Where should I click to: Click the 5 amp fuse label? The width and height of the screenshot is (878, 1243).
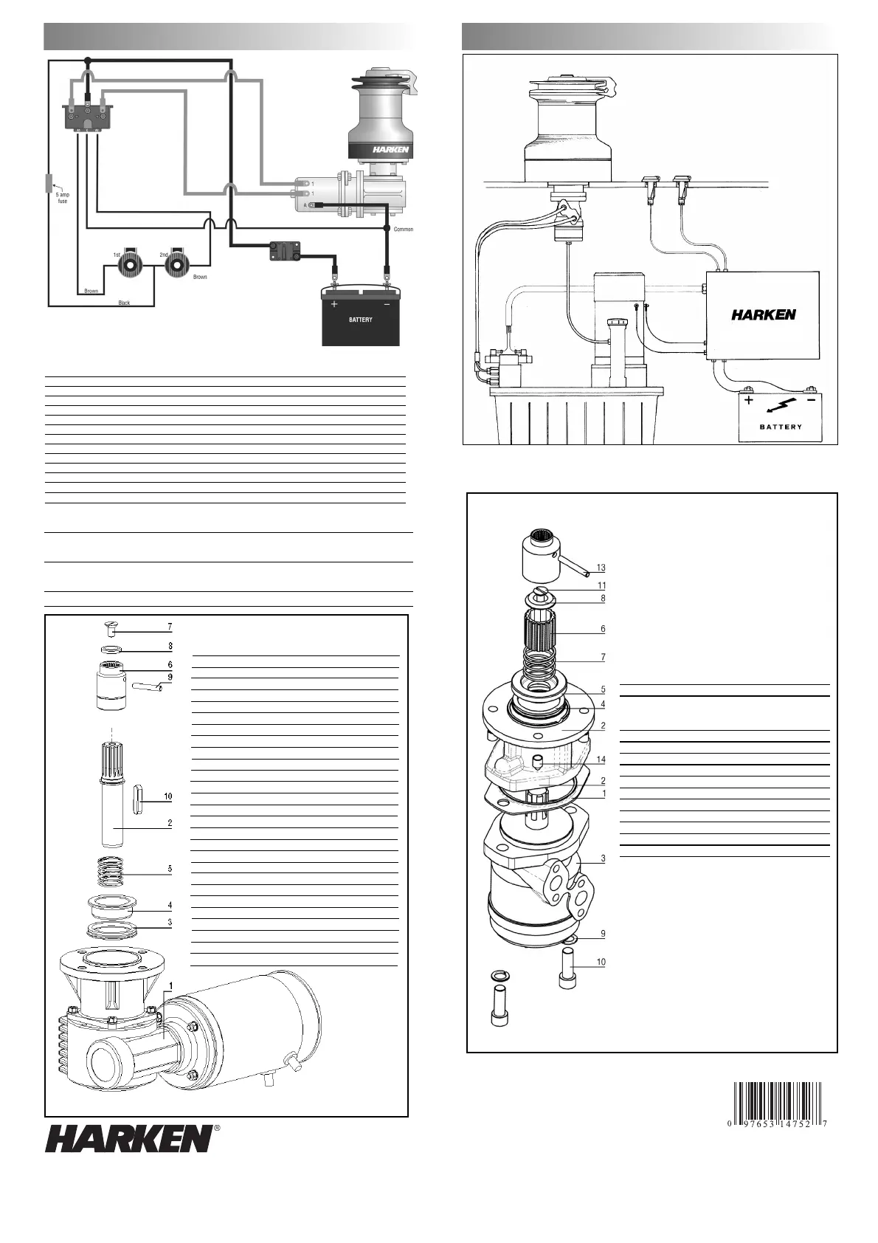click(x=63, y=197)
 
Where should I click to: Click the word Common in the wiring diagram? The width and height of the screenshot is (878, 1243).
click(x=404, y=230)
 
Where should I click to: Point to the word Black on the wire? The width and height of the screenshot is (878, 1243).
click(x=124, y=303)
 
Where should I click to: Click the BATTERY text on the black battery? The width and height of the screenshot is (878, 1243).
click(x=360, y=320)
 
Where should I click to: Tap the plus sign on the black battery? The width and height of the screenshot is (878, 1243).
click(x=334, y=304)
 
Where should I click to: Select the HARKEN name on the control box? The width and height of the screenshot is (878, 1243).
click(x=763, y=314)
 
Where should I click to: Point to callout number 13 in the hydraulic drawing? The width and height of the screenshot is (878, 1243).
click(x=601, y=568)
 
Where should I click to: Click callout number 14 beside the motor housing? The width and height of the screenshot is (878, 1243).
click(x=601, y=760)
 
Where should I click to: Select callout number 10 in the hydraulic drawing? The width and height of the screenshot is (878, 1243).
click(x=601, y=962)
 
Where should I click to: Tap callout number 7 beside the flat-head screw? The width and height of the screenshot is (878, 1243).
click(x=170, y=627)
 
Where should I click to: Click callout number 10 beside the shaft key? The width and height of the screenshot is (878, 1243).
click(x=168, y=796)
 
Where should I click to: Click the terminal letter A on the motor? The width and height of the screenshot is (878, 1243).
click(x=305, y=205)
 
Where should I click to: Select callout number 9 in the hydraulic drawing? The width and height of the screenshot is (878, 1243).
click(x=603, y=934)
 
